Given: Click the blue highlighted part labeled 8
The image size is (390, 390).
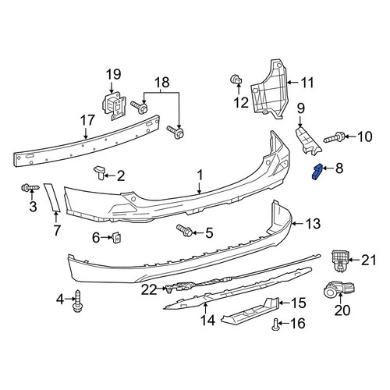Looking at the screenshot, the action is [317, 172].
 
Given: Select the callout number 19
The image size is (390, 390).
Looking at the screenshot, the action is [114, 74].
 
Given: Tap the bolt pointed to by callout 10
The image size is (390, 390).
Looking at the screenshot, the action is [335, 137].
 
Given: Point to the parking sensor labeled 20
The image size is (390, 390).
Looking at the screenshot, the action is [339, 289].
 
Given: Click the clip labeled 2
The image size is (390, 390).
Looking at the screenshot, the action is [100, 172].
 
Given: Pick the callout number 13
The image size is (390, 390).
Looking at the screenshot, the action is [313, 224].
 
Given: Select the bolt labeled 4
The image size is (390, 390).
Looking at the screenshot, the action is [77, 301].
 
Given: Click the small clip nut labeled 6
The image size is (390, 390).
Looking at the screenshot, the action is [116, 237].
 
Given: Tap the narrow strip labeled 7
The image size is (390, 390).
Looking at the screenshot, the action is [52, 197].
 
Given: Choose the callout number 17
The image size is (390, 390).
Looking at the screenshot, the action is [88, 120].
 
